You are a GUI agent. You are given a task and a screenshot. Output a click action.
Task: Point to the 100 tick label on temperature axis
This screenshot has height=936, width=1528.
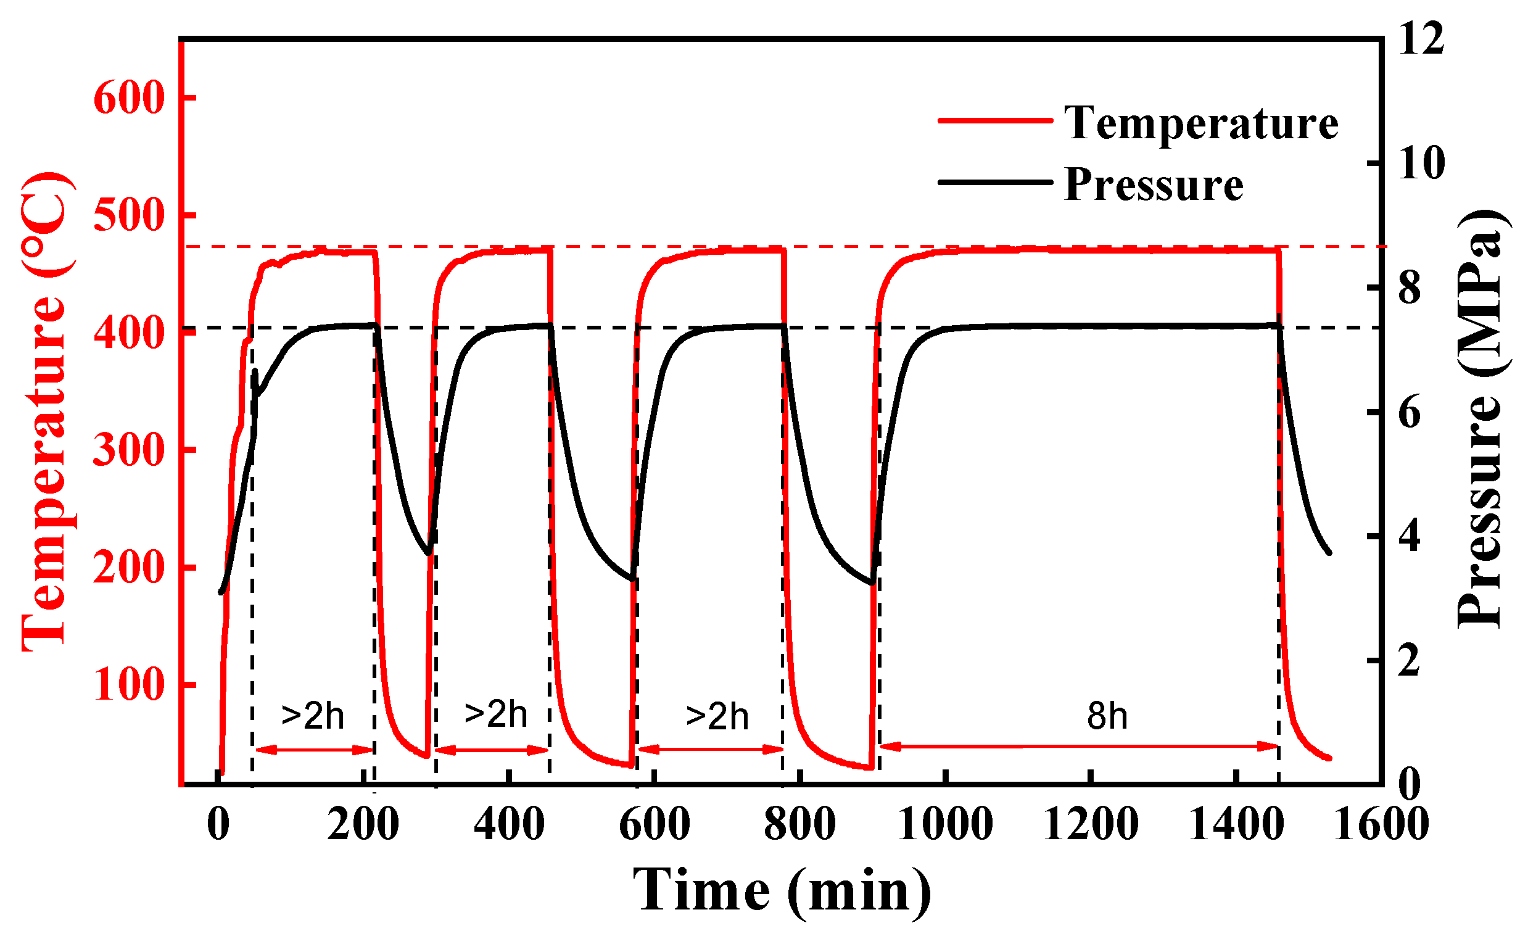coord(129,685)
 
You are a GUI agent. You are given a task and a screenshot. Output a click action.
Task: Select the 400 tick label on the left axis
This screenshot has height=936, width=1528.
coord(129,333)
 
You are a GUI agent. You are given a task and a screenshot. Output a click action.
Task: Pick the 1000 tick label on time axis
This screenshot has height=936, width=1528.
coord(945,824)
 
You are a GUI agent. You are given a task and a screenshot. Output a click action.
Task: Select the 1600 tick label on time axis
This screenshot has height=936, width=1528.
coord(1382,824)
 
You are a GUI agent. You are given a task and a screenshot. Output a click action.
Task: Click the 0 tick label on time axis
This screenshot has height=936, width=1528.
coord(218,824)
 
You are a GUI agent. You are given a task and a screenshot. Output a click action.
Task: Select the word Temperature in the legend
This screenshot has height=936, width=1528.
coord(1201,123)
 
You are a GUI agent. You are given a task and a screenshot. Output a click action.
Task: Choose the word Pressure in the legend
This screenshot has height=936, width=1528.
coord(1154,184)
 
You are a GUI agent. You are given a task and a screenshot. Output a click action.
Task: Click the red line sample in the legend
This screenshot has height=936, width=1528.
coord(994,120)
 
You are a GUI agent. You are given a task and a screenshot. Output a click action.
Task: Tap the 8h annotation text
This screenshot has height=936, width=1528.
coord(1107,716)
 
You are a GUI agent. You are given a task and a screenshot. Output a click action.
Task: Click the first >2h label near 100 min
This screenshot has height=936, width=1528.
coord(313,716)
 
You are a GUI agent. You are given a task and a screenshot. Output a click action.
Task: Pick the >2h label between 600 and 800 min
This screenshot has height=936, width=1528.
coord(717,716)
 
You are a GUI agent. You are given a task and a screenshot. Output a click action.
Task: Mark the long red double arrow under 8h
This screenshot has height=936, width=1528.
coord(1079,746)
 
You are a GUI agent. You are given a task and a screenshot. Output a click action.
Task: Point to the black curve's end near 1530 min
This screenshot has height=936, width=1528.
coord(1329,552)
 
